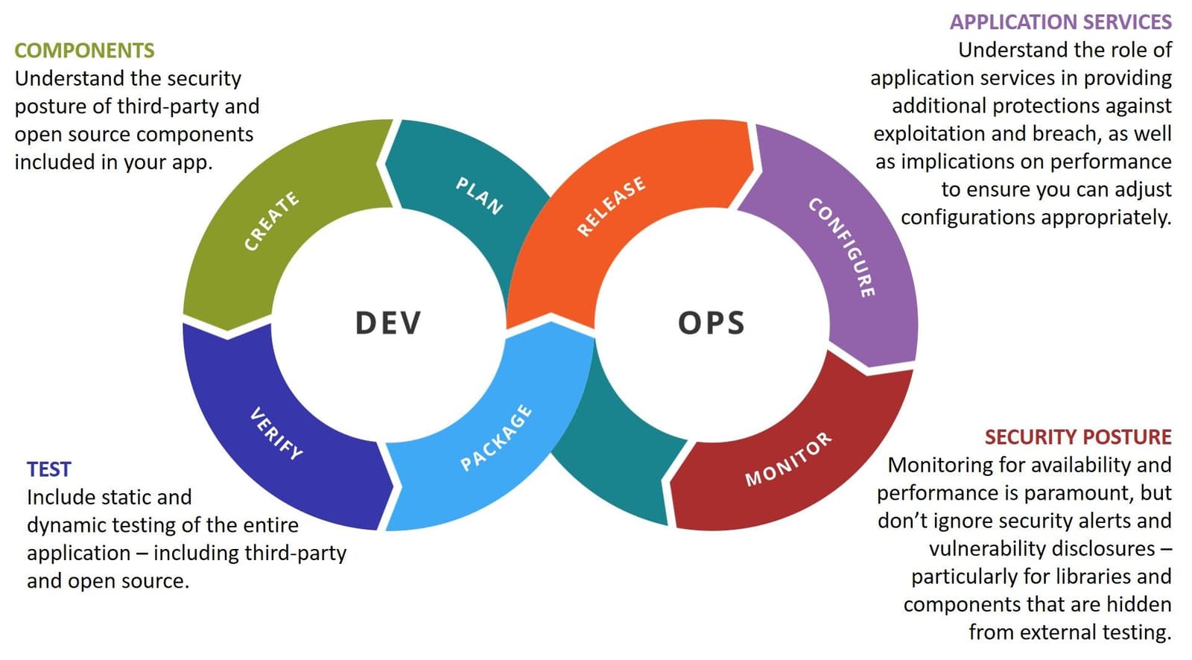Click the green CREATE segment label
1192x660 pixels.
pos(272,221)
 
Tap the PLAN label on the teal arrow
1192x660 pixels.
pos(479,195)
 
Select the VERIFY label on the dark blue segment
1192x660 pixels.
pos(276,433)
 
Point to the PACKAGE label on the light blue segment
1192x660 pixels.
pos(496,438)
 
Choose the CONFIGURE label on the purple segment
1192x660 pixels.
pos(842,247)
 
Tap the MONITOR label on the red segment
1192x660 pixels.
pos(788,459)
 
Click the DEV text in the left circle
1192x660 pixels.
pos(388,323)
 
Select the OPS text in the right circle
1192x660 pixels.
pos(711,323)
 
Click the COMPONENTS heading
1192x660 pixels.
pos(84,51)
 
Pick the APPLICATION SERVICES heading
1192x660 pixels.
pos(1060,22)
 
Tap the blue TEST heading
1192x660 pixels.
pos(48,469)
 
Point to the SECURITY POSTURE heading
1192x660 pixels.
pos(1077,437)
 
